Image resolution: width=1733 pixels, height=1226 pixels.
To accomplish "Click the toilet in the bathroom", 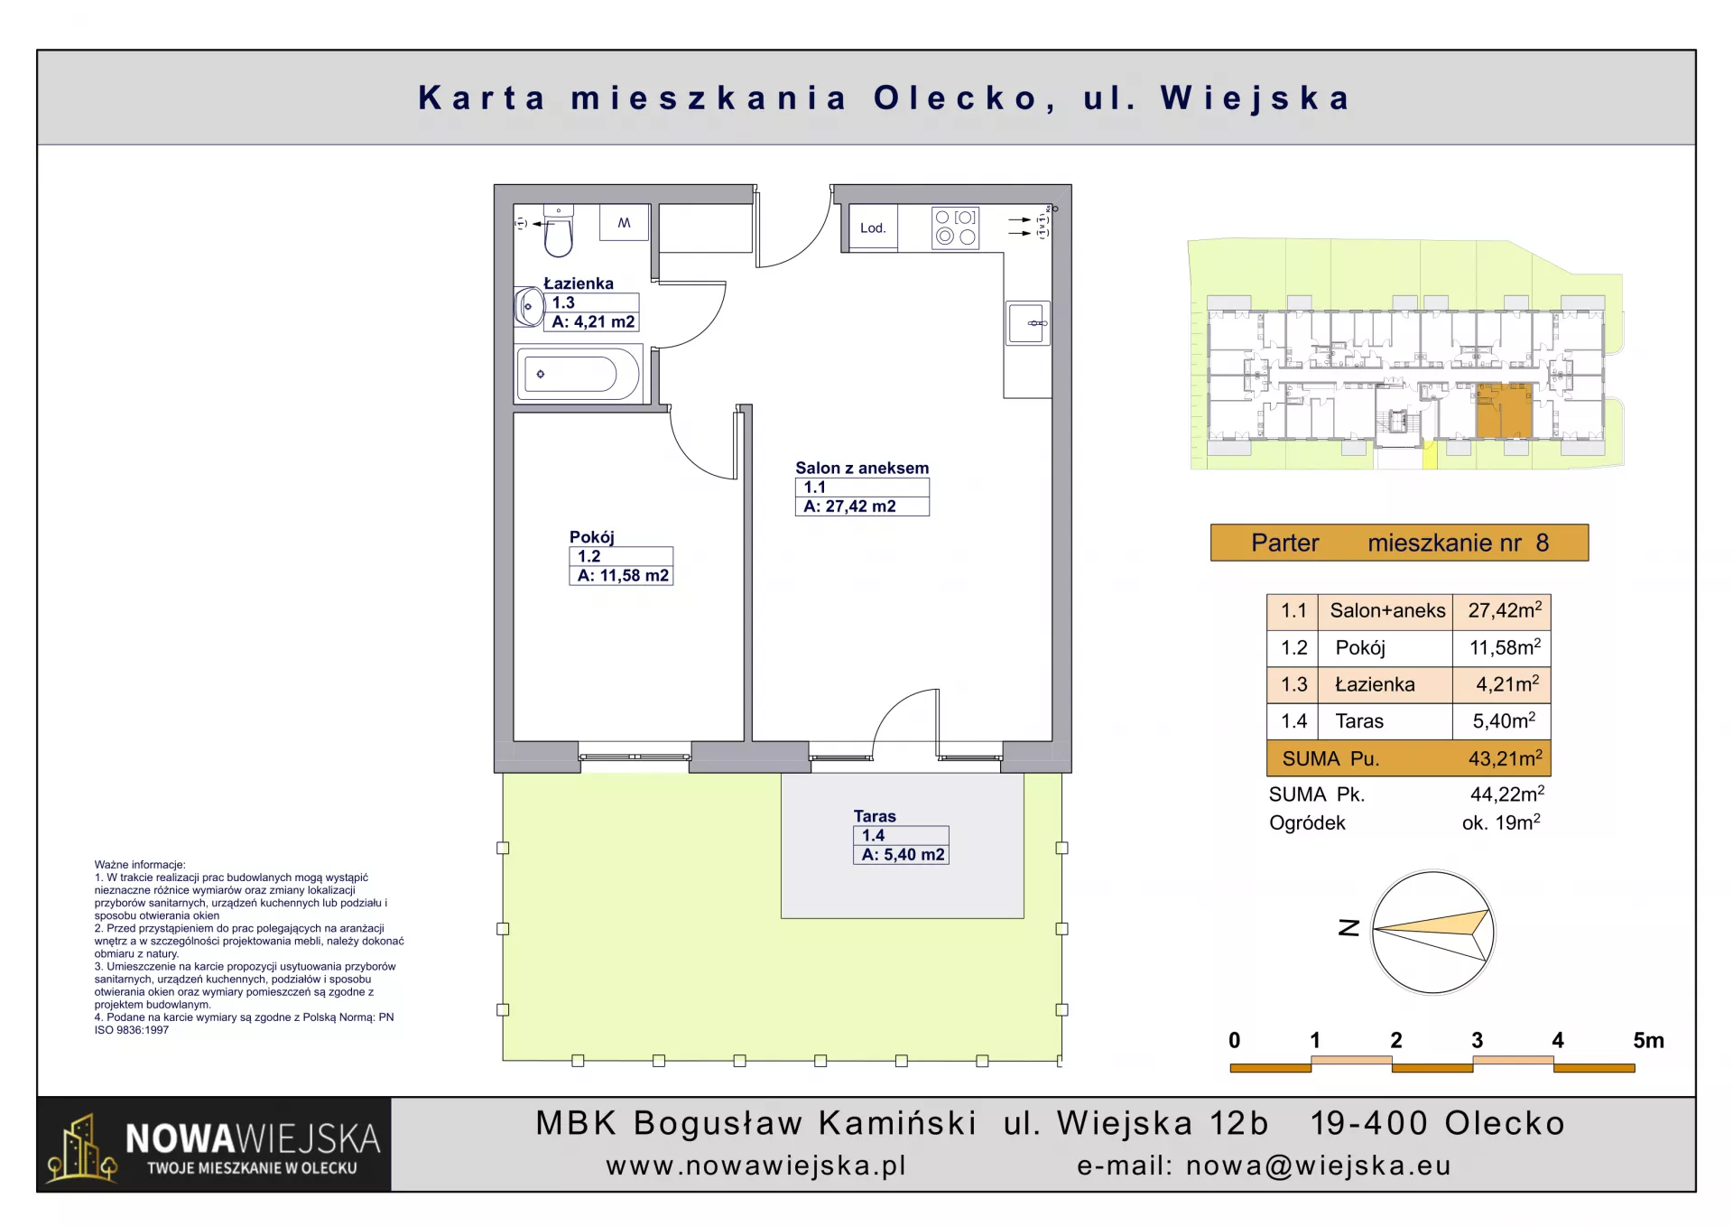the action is click(x=559, y=232).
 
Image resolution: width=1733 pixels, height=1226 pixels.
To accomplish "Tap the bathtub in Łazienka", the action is click(x=579, y=374).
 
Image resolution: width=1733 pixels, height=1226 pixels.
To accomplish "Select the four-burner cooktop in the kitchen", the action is click(x=955, y=228).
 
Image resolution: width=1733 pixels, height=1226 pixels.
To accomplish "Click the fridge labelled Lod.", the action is click(x=873, y=228).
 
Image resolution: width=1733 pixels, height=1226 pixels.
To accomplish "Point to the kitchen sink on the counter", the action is click(x=1028, y=323).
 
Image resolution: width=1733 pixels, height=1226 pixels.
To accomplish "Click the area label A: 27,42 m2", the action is click(x=849, y=506).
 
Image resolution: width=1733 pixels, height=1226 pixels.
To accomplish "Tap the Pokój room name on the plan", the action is click(x=592, y=537).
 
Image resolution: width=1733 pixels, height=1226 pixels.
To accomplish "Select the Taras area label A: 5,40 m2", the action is click(x=903, y=855).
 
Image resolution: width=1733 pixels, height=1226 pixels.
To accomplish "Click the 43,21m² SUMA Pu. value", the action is click(x=1505, y=758).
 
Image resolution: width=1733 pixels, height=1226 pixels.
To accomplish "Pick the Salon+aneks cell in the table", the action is click(x=1387, y=611).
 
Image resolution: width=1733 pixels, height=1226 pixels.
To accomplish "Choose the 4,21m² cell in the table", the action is click(x=1507, y=684).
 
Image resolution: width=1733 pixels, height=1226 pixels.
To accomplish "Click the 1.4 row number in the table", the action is click(x=1293, y=721).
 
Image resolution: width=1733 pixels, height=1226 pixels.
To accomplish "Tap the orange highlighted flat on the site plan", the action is click(x=1504, y=411).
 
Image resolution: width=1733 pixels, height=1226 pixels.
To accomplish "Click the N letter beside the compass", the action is click(x=1348, y=928).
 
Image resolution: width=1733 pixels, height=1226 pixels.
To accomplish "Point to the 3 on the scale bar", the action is click(x=1477, y=1040).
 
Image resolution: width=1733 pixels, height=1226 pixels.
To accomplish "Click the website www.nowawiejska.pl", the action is click(x=756, y=1166).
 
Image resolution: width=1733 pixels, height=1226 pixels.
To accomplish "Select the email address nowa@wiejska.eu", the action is click(x=1318, y=1166).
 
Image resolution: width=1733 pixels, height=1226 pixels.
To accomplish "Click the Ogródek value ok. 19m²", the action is click(x=1501, y=822).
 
